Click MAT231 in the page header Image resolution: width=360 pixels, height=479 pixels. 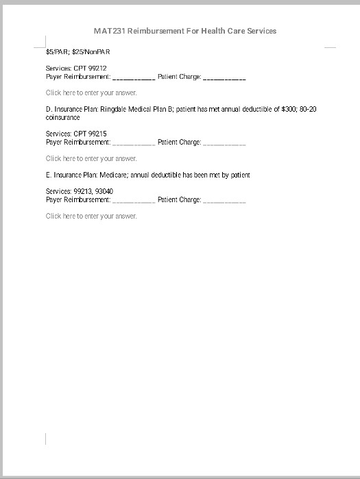(x=108, y=31)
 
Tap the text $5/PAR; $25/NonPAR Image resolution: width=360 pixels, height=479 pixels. (x=77, y=51)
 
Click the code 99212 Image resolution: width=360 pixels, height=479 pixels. (x=95, y=69)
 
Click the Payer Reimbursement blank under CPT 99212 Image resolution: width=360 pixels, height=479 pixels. (x=134, y=77)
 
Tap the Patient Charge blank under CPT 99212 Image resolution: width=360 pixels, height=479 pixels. (x=224, y=77)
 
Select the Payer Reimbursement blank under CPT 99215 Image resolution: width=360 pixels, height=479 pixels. (x=134, y=143)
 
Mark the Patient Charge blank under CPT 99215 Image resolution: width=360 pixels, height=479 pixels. (x=224, y=143)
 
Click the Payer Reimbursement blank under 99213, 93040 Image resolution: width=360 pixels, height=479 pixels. (x=134, y=200)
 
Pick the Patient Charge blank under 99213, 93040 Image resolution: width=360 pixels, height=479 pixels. (x=224, y=200)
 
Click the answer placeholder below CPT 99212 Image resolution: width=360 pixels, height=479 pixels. (x=91, y=93)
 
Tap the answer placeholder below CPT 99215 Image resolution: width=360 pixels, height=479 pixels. (x=91, y=158)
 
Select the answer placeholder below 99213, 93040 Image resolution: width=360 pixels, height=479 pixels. (x=91, y=216)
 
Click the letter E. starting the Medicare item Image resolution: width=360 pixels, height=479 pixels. (x=49, y=175)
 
